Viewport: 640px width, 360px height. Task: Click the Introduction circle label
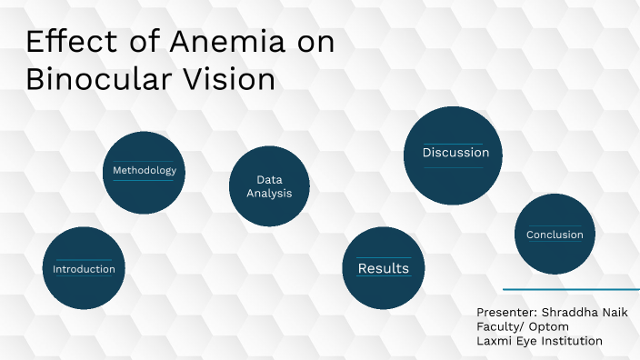(x=84, y=269)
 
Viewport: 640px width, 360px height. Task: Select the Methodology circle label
(x=144, y=171)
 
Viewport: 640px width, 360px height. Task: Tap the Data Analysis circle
(x=269, y=186)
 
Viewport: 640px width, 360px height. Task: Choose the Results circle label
(x=383, y=268)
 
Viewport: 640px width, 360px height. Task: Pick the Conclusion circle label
(x=555, y=235)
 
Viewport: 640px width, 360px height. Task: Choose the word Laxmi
(x=494, y=341)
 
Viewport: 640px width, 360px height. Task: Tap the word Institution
(x=572, y=341)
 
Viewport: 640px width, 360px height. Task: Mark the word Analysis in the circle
(x=269, y=193)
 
